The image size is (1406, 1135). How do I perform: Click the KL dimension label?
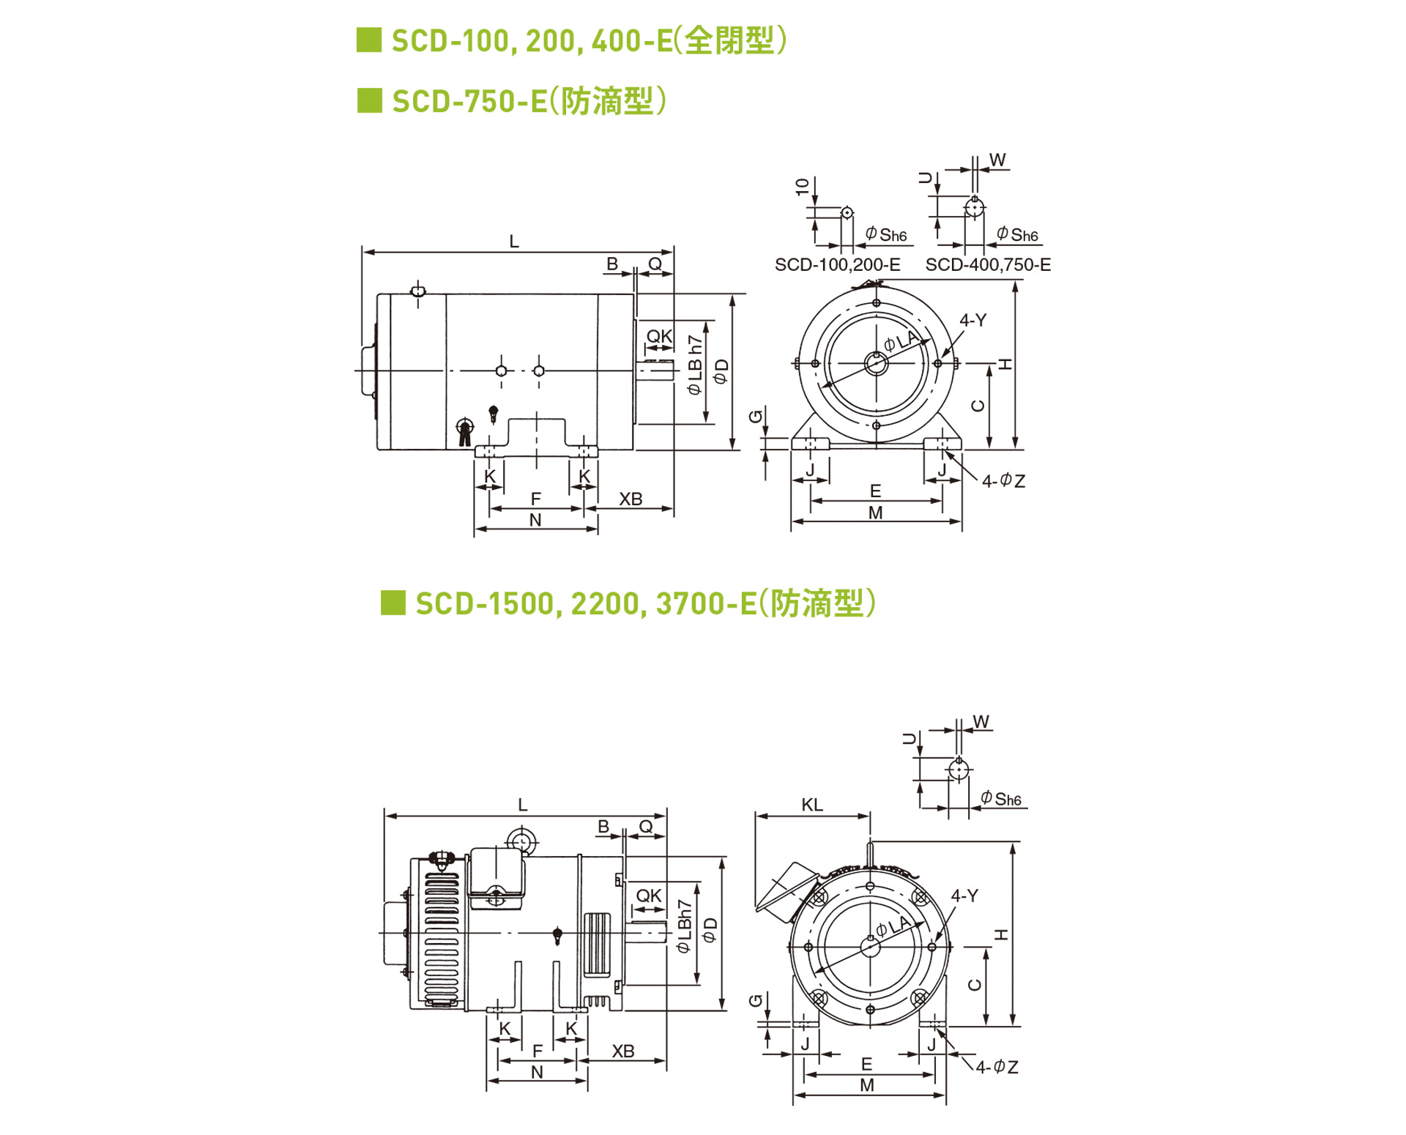pyautogui.click(x=811, y=805)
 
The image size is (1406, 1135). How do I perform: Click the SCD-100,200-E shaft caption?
pyautogui.click(x=837, y=265)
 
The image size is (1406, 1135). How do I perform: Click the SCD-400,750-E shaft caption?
pyautogui.click(x=987, y=265)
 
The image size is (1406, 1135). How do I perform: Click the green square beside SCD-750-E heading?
pyautogui.click(x=369, y=100)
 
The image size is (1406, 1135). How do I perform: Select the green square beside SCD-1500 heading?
pyautogui.click(x=393, y=603)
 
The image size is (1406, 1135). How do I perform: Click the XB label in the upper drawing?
pyautogui.click(x=630, y=499)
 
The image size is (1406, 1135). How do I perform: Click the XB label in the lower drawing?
pyautogui.click(x=622, y=1052)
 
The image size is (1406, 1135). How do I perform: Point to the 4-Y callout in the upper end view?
pyautogui.click(x=972, y=320)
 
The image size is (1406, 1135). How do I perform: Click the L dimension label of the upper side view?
pyautogui.click(x=514, y=242)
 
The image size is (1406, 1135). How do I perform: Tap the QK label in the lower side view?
pyautogui.click(x=648, y=896)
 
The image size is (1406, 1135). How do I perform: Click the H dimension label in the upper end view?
pyautogui.click(x=1006, y=364)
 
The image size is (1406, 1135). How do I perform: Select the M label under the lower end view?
pyautogui.click(x=867, y=1085)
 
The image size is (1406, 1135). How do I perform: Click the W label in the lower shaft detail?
pyautogui.click(x=981, y=722)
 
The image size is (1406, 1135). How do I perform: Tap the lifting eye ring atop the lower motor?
pyautogui.click(x=521, y=842)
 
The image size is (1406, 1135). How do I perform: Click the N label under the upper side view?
pyautogui.click(x=535, y=520)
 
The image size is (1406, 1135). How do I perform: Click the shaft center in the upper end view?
pyautogui.click(x=876, y=362)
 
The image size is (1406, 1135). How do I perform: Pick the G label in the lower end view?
pyautogui.click(x=756, y=1000)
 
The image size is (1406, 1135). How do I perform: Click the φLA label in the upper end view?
pyautogui.click(x=900, y=340)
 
